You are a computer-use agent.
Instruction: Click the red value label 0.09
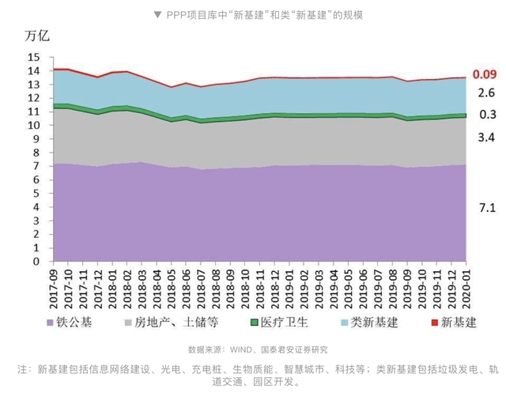tap(484, 75)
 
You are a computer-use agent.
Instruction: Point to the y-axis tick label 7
tap(36, 166)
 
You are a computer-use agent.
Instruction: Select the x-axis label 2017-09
tap(53, 290)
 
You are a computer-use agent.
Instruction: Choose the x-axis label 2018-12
tap(272, 290)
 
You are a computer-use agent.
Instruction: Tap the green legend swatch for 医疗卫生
tap(255, 323)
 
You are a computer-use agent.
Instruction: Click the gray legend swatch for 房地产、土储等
tap(127, 323)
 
